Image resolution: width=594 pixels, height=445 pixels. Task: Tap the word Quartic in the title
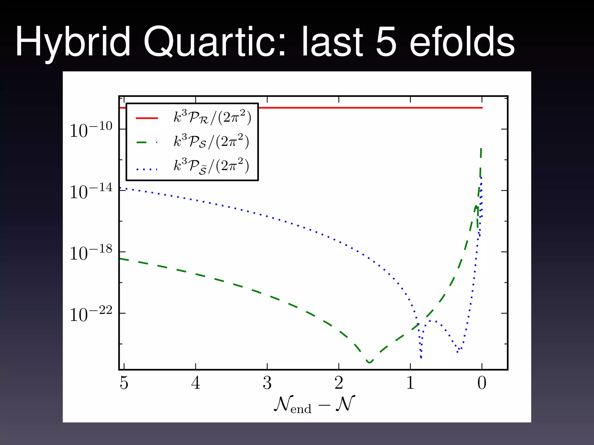point(215,42)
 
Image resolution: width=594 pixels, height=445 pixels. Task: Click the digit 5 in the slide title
point(386,42)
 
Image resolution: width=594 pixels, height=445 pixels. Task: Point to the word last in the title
point(332,42)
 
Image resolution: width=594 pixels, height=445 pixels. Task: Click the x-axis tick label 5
point(124,383)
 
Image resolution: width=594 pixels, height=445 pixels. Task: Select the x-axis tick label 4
point(195,383)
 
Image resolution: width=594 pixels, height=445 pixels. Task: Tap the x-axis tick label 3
point(267,383)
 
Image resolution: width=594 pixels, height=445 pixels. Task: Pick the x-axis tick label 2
point(339,383)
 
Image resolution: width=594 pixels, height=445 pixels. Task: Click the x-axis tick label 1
point(410,383)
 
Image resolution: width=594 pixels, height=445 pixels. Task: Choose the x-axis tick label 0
point(482,383)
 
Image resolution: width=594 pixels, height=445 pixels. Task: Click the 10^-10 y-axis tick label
point(91,130)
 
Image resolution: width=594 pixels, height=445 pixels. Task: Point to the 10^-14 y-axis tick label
point(91,191)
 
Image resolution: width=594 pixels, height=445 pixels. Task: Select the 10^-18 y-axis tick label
point(91,253)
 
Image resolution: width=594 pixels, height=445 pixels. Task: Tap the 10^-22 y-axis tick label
point(91,314)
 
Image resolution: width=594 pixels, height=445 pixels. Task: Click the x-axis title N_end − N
point(314,404)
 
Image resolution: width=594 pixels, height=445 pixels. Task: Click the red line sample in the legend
point(147,118)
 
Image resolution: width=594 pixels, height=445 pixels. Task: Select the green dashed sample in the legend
point(147,142)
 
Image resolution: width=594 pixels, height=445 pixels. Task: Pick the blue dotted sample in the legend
point(147,169)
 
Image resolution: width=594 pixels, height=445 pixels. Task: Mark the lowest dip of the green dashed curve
point(369,362)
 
